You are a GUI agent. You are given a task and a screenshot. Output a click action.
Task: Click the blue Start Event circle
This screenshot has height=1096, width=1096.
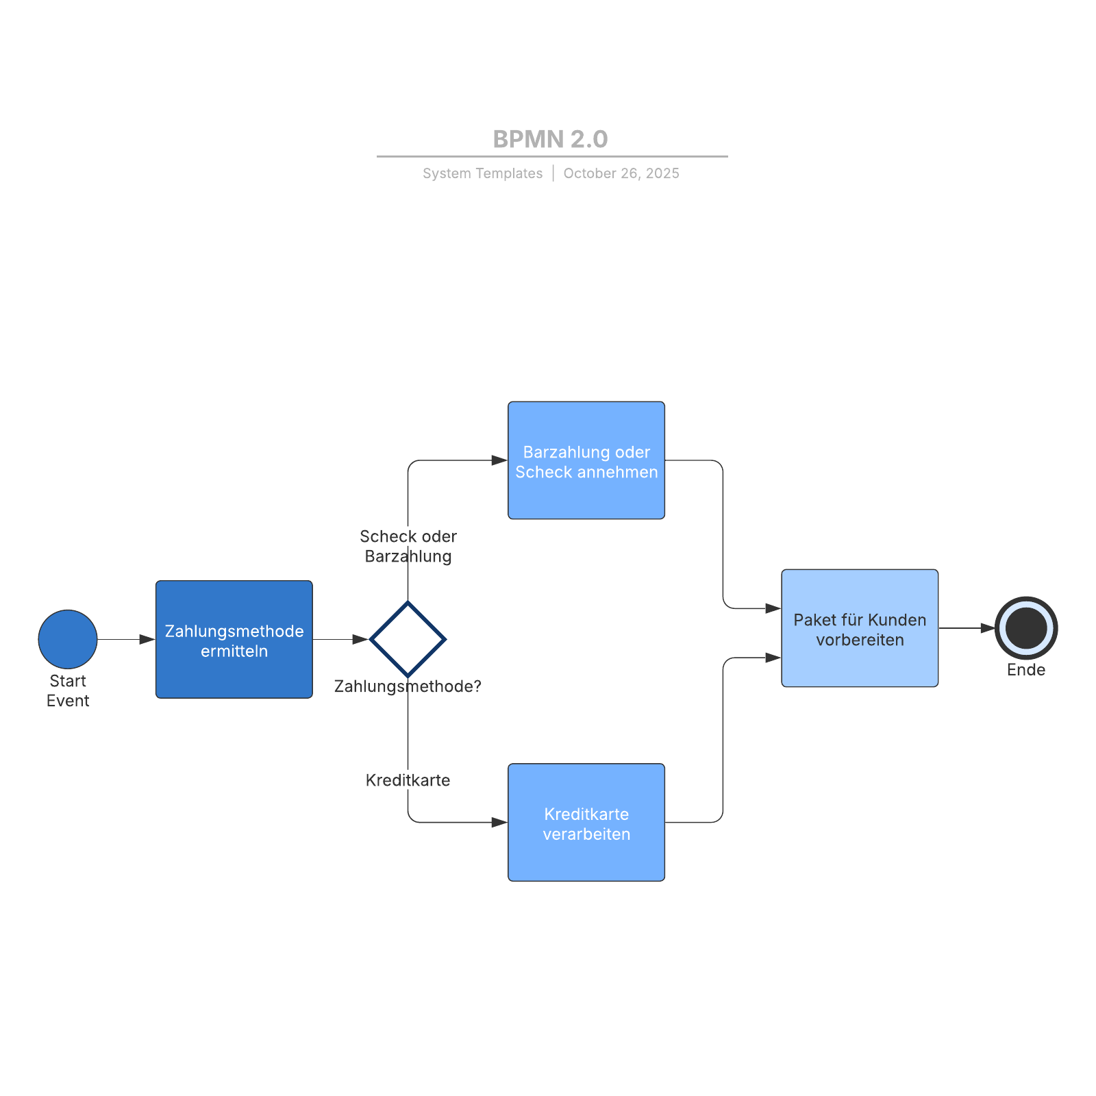(x=68, y=639)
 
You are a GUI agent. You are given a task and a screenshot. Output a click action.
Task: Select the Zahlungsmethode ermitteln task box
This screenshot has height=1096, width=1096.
(x=234, y=640)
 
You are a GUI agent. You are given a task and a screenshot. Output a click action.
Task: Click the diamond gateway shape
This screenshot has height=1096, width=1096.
(x=408, y=639)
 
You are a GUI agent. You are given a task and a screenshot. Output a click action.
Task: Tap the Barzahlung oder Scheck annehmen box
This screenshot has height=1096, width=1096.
(x=586, y=460)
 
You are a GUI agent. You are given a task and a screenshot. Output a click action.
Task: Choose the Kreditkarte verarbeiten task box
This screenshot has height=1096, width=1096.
(x=586, y=822)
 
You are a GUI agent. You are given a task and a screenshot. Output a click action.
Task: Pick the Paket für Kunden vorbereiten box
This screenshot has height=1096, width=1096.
(x=860, y=628)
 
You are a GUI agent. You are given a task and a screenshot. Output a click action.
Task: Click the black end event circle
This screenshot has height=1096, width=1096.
(x=1026, y=628)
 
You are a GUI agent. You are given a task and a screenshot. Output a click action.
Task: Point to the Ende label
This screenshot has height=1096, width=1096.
(x=1025, y=670)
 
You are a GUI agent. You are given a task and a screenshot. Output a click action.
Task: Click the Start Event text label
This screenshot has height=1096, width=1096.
(x=68, y=690)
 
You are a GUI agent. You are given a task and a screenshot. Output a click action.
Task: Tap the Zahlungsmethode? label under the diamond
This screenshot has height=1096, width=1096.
(x=408, y=686)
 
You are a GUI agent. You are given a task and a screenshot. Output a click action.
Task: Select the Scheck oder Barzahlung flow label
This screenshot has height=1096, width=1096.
(x=408, y=546)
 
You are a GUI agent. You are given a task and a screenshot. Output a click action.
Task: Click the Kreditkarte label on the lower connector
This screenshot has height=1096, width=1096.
(x=408, y=780)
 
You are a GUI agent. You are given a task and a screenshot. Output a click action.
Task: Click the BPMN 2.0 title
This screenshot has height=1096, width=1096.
(x=550, y=139)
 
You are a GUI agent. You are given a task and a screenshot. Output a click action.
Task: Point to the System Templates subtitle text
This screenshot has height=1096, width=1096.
(x=482, y=173)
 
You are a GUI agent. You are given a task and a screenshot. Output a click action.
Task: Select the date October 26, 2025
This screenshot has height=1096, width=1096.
(x=621, y=173)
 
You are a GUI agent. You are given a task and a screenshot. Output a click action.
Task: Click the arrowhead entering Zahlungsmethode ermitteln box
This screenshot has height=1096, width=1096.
(x=147, y=639)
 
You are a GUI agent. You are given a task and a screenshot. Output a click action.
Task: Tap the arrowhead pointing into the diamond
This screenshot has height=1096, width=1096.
(x=360, y=639)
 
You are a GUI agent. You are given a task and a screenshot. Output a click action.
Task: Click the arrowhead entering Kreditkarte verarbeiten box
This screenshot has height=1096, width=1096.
(x=499, y=822)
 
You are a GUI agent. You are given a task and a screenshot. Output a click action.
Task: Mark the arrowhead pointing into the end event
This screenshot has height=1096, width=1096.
(x=987, y=628)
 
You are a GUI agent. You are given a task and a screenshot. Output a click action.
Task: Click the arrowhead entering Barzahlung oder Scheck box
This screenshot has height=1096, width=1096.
(x=499, y=460)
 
